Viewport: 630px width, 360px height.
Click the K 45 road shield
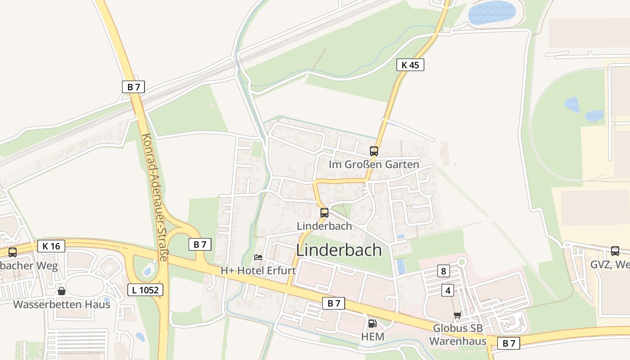410,65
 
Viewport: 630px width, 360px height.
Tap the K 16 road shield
51,246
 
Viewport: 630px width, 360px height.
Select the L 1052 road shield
145,290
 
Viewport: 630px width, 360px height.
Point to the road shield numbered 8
444,271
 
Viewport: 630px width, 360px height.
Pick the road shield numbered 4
448,290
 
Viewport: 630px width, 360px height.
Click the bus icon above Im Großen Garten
374,151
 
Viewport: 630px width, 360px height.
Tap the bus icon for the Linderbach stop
324,213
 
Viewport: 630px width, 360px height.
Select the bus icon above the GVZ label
615,251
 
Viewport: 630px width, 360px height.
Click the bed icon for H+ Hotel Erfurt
258,257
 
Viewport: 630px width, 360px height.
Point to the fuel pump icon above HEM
372,323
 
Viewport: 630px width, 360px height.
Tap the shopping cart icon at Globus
458,315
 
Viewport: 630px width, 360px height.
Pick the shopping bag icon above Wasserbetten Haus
62,291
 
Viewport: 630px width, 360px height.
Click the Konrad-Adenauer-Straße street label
154,197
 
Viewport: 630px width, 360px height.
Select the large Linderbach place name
339,250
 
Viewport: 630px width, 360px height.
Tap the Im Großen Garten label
374,165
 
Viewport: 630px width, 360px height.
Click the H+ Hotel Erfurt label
258,271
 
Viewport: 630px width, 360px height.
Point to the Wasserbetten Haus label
62,304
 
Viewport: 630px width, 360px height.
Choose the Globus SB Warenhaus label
458,335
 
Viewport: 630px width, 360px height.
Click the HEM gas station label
373,337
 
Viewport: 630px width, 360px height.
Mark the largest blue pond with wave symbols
492,12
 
